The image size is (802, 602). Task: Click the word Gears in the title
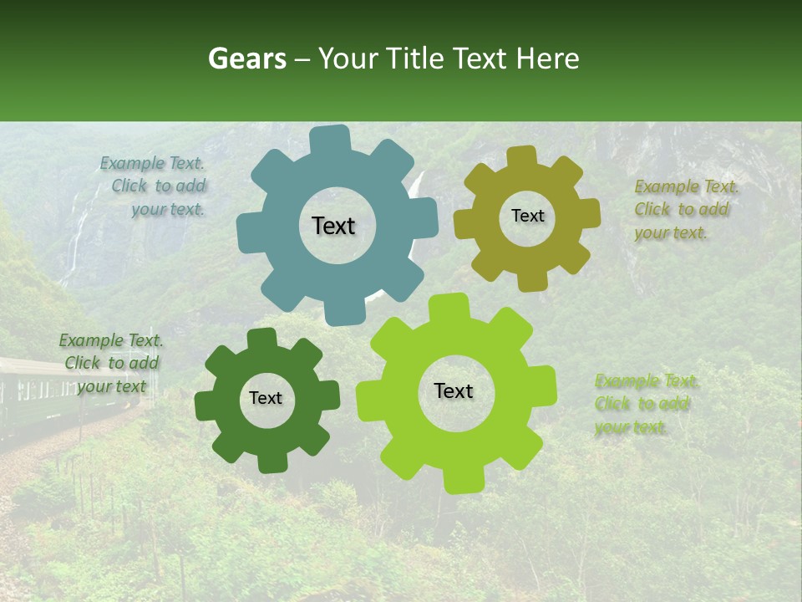click(x=246, y=59)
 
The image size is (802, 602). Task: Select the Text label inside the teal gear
click(x=333, y=226)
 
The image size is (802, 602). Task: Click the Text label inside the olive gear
click(x=527, y=216)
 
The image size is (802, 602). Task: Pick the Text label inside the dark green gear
click(x=266, y=398)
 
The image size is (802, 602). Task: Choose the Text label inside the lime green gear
click(x=454, y=390)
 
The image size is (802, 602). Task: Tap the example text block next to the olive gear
click(x=684, y=210)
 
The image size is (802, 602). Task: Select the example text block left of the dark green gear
click(x=111, y=363)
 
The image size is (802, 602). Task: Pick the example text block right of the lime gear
click(x=645, y=404)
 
